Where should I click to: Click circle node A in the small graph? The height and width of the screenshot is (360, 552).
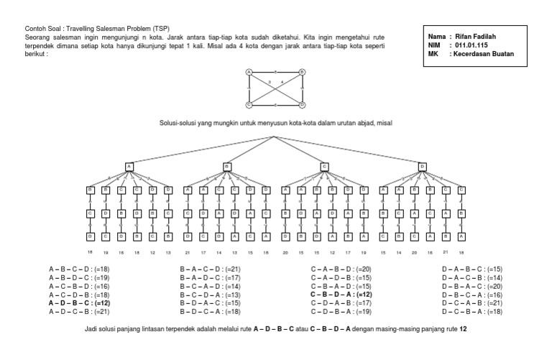pos(249,71)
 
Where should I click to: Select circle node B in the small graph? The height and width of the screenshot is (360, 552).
pos(303,71)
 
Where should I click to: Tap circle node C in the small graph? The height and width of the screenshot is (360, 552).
pos(249,104)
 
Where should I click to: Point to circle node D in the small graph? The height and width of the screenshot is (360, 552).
pos(303,104)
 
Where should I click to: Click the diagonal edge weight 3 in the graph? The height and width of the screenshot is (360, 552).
pos(270,83)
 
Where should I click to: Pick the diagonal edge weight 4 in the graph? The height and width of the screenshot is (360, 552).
pos(282,83)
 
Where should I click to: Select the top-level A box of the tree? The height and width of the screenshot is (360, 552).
pos(129,167)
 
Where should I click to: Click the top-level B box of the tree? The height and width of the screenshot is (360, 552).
pos(227,167)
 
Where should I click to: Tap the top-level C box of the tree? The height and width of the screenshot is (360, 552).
pos(324,167)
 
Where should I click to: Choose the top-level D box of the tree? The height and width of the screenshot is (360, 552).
pos(422,167)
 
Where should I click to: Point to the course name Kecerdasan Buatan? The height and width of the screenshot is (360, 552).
pos(484,52)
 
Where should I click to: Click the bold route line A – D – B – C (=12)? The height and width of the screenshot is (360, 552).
pos(79,303)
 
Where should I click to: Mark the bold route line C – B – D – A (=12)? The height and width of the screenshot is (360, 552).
pos(341,295)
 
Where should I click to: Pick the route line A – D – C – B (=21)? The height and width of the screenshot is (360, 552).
pos(79,311)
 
